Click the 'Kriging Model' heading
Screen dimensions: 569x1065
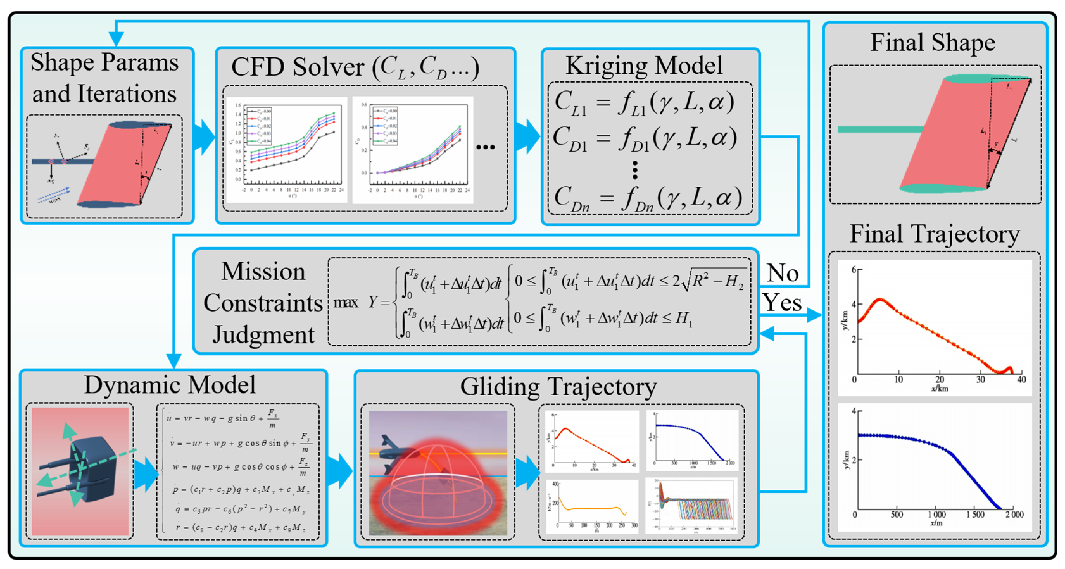point(644,65)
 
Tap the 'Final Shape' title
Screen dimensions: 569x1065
point(933,43)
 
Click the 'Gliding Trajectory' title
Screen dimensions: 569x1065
point(558,387)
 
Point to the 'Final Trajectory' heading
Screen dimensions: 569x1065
point(934,234)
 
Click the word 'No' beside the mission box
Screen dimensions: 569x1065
point(783,273)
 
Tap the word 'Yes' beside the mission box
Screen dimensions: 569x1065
point(782,302)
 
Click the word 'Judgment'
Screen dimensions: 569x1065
point(263,334)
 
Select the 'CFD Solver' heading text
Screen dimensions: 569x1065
point(298,67)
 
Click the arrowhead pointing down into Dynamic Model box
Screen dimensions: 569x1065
point(174,361)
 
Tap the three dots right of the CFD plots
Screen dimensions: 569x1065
point(485,147)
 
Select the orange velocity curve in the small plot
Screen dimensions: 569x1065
point(591,508)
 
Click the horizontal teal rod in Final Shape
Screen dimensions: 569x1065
point(881,130)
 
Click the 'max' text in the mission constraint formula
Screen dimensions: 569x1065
point(346,303)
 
